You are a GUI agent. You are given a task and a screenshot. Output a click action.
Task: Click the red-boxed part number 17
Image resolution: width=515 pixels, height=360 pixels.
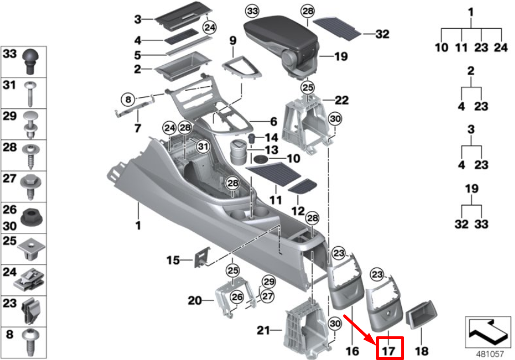389,350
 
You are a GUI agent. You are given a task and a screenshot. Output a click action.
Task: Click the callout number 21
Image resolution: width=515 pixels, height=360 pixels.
264,331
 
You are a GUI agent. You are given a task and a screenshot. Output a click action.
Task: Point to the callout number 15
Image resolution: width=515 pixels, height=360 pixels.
174,261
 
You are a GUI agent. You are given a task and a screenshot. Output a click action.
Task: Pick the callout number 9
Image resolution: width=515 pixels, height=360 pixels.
233,40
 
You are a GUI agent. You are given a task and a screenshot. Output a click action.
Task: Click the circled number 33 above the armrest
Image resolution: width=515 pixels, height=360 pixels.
252,12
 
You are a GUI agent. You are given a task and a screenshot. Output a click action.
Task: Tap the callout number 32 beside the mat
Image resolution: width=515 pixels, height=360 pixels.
382,35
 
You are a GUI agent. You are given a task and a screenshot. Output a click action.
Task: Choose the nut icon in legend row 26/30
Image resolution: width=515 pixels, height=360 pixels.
30,217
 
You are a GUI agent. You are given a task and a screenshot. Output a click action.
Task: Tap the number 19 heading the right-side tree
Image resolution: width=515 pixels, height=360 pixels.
471,189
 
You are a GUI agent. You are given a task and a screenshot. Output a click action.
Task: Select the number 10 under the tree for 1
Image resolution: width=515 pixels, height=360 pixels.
442,47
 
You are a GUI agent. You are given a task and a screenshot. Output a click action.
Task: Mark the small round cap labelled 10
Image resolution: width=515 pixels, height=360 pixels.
261,158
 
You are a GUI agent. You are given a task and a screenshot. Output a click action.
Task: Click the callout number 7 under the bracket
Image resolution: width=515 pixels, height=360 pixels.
138,127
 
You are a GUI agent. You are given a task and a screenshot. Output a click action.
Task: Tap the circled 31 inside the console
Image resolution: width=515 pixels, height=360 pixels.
202,148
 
